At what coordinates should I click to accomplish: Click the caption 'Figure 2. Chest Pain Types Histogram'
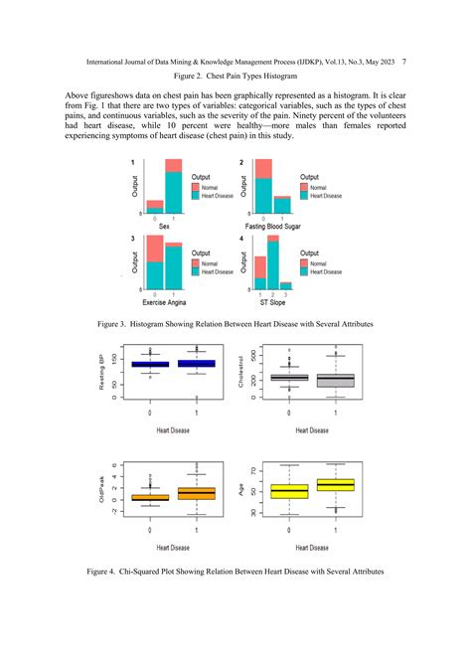(x=235, y=76)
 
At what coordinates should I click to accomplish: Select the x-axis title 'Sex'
(x=164, y=227)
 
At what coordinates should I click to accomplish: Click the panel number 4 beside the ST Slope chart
(x=241, y=240)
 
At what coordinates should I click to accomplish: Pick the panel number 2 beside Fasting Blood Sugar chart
(x=241, y=162)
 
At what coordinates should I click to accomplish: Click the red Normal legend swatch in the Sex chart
(x=195, y=187)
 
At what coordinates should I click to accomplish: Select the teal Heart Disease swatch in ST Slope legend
(x=304, y=271)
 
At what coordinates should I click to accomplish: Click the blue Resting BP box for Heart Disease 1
(x=197, y=364)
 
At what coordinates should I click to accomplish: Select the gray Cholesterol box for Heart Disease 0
(x=288, y=378)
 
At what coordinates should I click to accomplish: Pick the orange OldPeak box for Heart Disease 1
(x=197, y=493)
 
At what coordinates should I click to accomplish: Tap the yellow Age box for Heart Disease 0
(x=288, y=491)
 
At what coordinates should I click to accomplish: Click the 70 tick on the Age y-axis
(x=252, y=470)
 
